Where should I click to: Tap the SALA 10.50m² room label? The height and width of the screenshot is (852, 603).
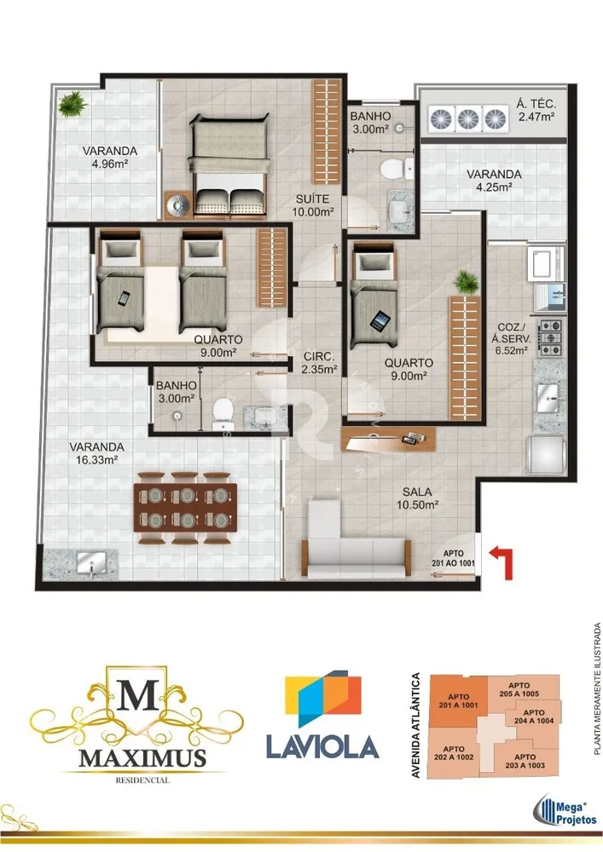(418, 498)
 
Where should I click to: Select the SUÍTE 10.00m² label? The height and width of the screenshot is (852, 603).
(313, 205)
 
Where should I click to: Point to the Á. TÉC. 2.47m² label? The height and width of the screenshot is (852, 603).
(536, 110)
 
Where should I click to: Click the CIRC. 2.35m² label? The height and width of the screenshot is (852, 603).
(319, 363)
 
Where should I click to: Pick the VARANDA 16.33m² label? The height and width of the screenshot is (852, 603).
(96, 453)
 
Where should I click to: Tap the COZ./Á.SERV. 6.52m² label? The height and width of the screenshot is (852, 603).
(511, 339)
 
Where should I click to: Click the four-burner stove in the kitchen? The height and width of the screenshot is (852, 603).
(551, 338)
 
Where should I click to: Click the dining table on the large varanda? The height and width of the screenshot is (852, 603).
(186, 507)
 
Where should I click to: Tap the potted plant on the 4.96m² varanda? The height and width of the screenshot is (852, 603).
(72, 104)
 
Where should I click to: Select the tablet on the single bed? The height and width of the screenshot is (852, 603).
(378, 320)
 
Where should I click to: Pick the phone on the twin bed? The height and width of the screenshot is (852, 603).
(124, 297)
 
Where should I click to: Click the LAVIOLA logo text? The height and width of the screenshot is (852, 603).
(322, 746)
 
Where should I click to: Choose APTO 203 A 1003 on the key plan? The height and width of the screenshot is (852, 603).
(525, 761)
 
